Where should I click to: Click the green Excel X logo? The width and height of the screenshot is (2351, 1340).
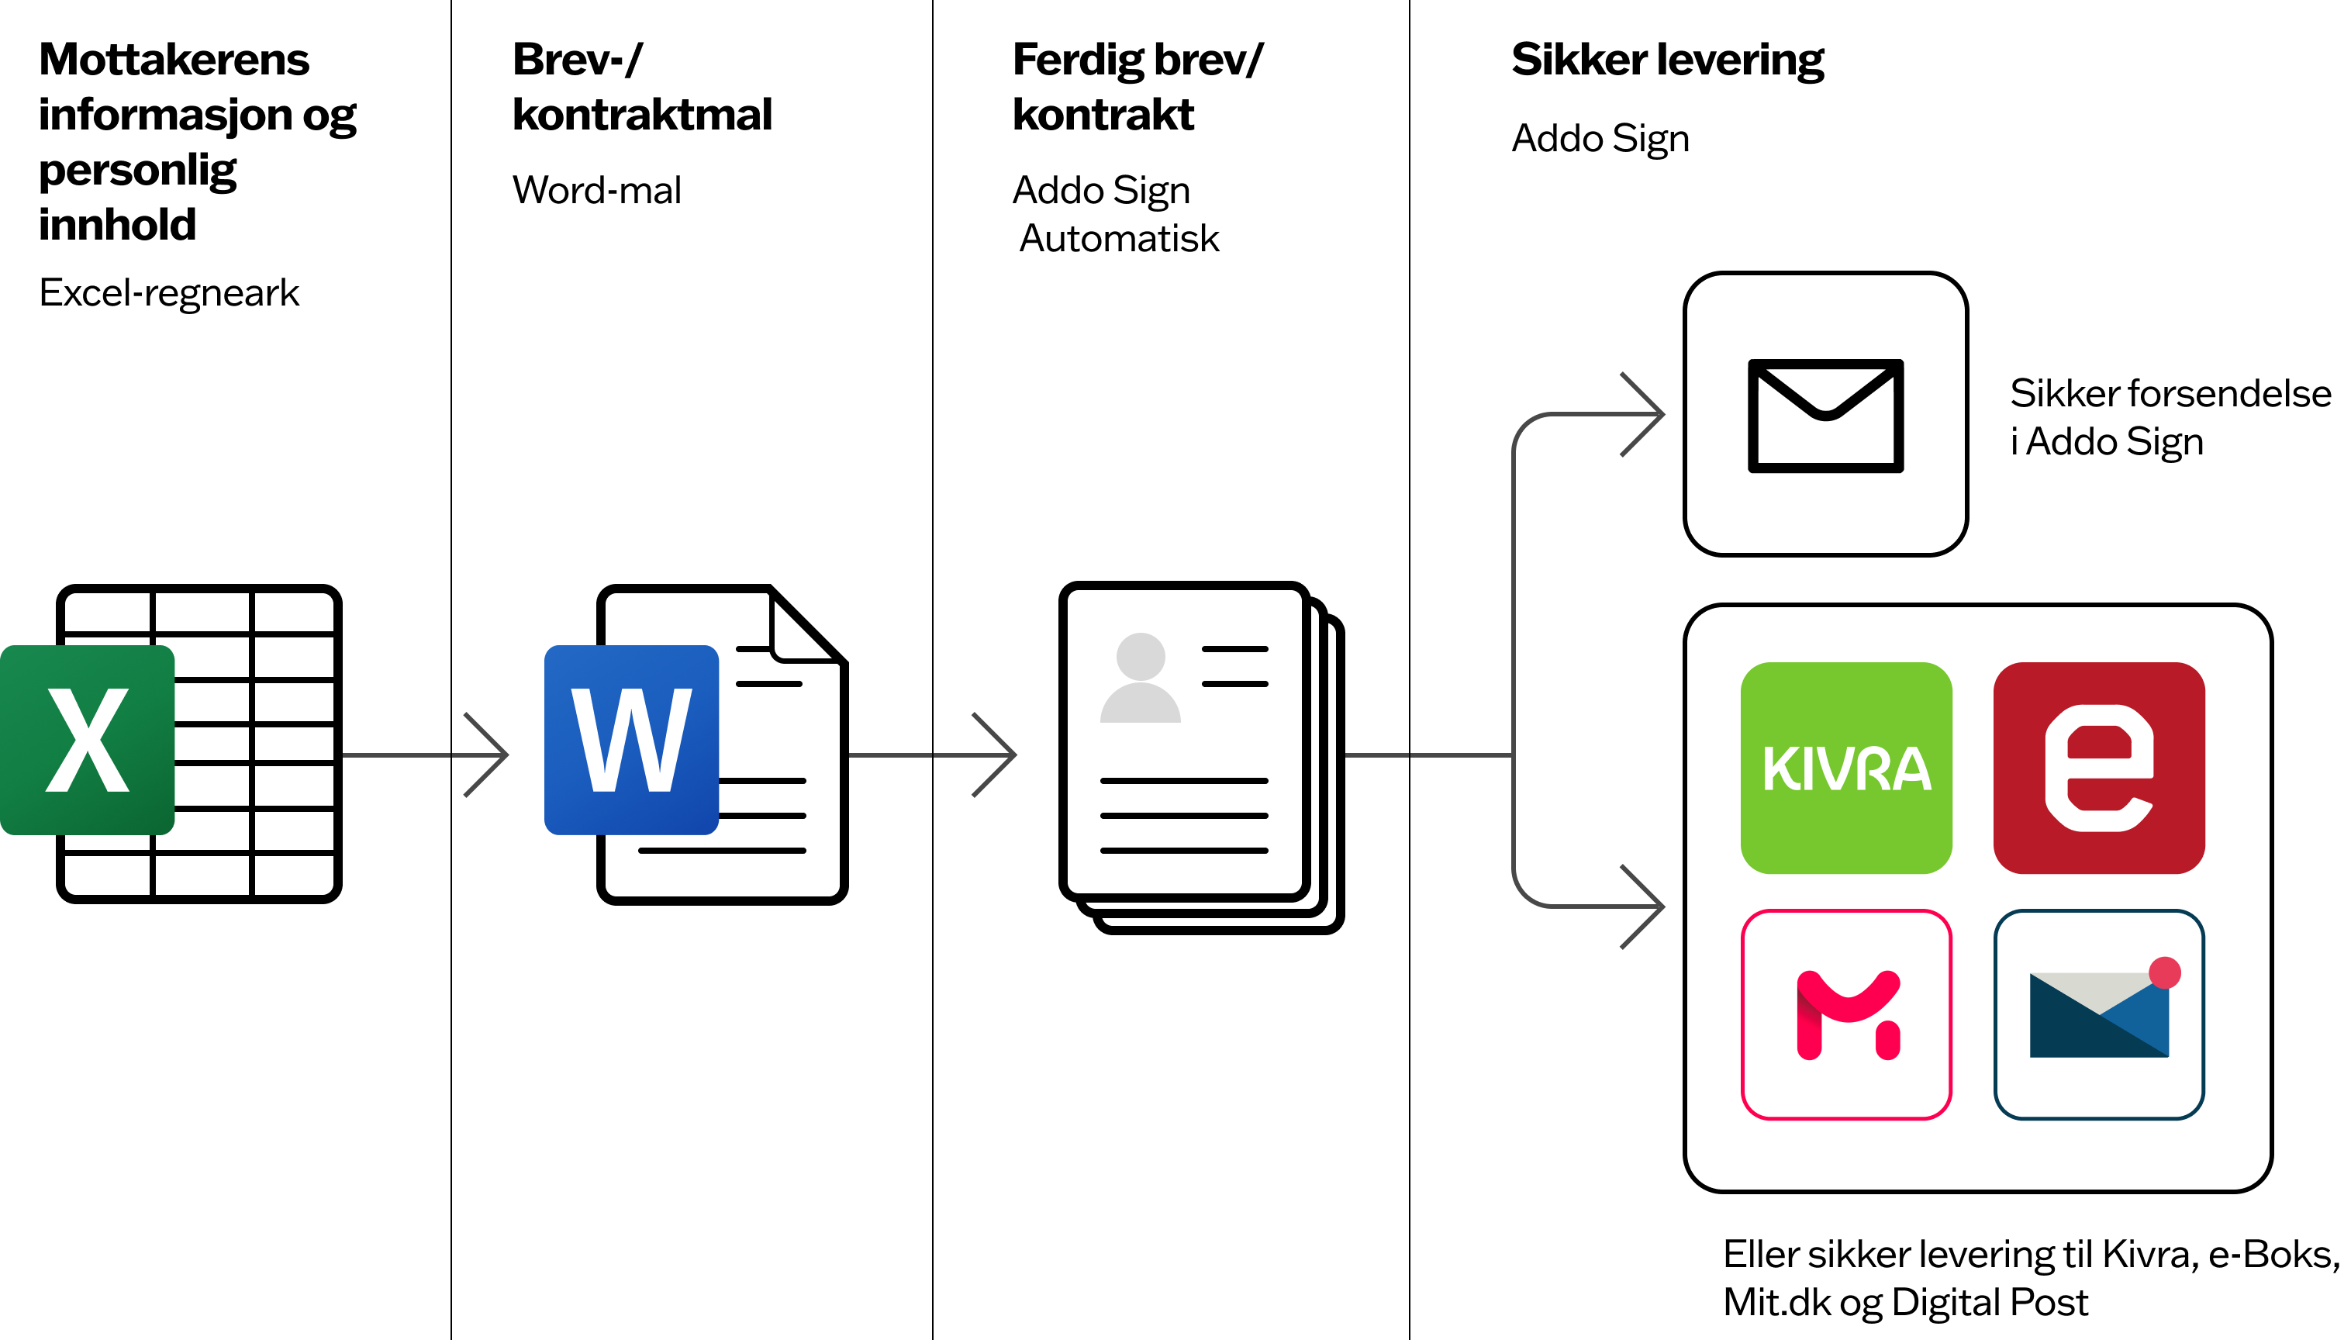pyautogui.click(x=88, y=740)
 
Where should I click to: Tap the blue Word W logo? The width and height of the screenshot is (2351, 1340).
pyautogui.click(x=631, y=740)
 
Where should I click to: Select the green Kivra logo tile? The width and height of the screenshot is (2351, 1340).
pyautogui.click(x=1846, y=768)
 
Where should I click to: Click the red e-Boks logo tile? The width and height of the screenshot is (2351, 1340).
pyautogui.click(x=2098, y=768)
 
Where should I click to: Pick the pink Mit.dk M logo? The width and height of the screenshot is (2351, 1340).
pyautogui.click(x=1846, y=1014)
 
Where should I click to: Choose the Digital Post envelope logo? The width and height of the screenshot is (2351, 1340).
pyautogui.click(x=2098, y=1014)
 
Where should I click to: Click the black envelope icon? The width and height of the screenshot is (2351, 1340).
pyautogui.click(x=1825, y=415)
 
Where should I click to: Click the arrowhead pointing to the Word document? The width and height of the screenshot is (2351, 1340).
pyautogui.click(x=492, y=755)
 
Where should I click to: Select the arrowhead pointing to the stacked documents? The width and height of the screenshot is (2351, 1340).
pyautogui.click(x=1001, y=755)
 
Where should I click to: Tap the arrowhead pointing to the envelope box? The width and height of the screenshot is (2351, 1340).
pyautogui.click(x=1649, y=414)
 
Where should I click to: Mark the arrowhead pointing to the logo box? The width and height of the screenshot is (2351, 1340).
pyautogui.click(x=1649, y=907)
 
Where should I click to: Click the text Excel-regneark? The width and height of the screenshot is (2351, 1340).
pyautogui.click(x=169, y=292)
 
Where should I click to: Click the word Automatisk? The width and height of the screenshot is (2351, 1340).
pyautogui.click(x=1119, y=238)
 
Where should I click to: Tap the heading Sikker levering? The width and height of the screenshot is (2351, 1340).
pyautogui.click(x=1667, y=60)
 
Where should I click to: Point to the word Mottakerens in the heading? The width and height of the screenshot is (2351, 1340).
pyautogui.click(x=174, y=60)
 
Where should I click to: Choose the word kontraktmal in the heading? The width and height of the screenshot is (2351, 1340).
pyautogui.click(x=641, y=115)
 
